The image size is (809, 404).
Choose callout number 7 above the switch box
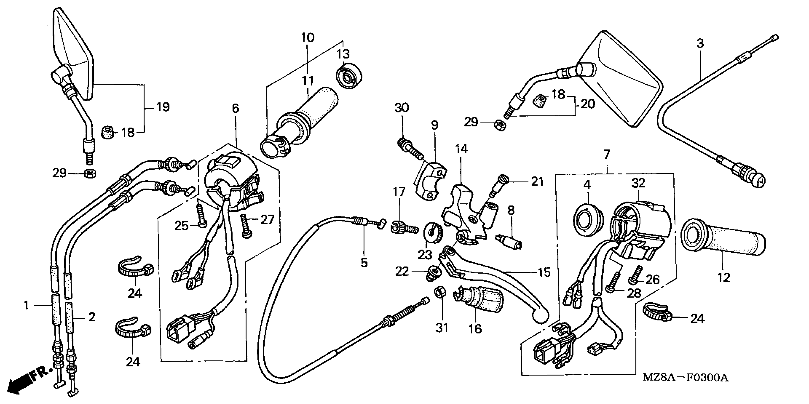607,154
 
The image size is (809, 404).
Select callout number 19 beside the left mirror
163,107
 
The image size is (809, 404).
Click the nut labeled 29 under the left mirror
90,173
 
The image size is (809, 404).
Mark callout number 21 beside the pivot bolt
537,181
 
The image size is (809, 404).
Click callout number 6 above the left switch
236,108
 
